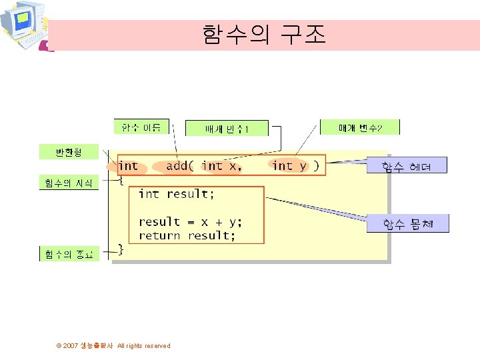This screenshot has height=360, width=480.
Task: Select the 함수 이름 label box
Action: tap(142, 127)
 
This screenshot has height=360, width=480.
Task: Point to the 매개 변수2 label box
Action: tap(360, 127)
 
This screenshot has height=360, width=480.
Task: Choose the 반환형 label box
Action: tap(69, 152)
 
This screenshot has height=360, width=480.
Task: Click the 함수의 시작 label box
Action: tap(69, 182)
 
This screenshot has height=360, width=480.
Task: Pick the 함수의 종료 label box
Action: tap(69, 254)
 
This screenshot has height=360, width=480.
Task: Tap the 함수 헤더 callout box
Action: tap(407, 165)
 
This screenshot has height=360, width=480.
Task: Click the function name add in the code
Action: tap(177, 166)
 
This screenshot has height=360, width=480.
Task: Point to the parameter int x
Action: tap(221, 166)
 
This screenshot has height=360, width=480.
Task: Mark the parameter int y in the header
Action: tap(289, 166)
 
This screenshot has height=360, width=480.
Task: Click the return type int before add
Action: tap(128, 166)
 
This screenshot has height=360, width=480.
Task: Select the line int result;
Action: tap(177, 194)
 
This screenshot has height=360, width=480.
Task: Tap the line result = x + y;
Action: tap(191, 222)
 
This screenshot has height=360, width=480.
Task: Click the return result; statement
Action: tap(187, 235)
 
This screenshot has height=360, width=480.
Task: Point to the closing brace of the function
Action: tap(121, 249)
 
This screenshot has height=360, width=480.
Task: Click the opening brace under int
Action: tap(121, 180)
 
